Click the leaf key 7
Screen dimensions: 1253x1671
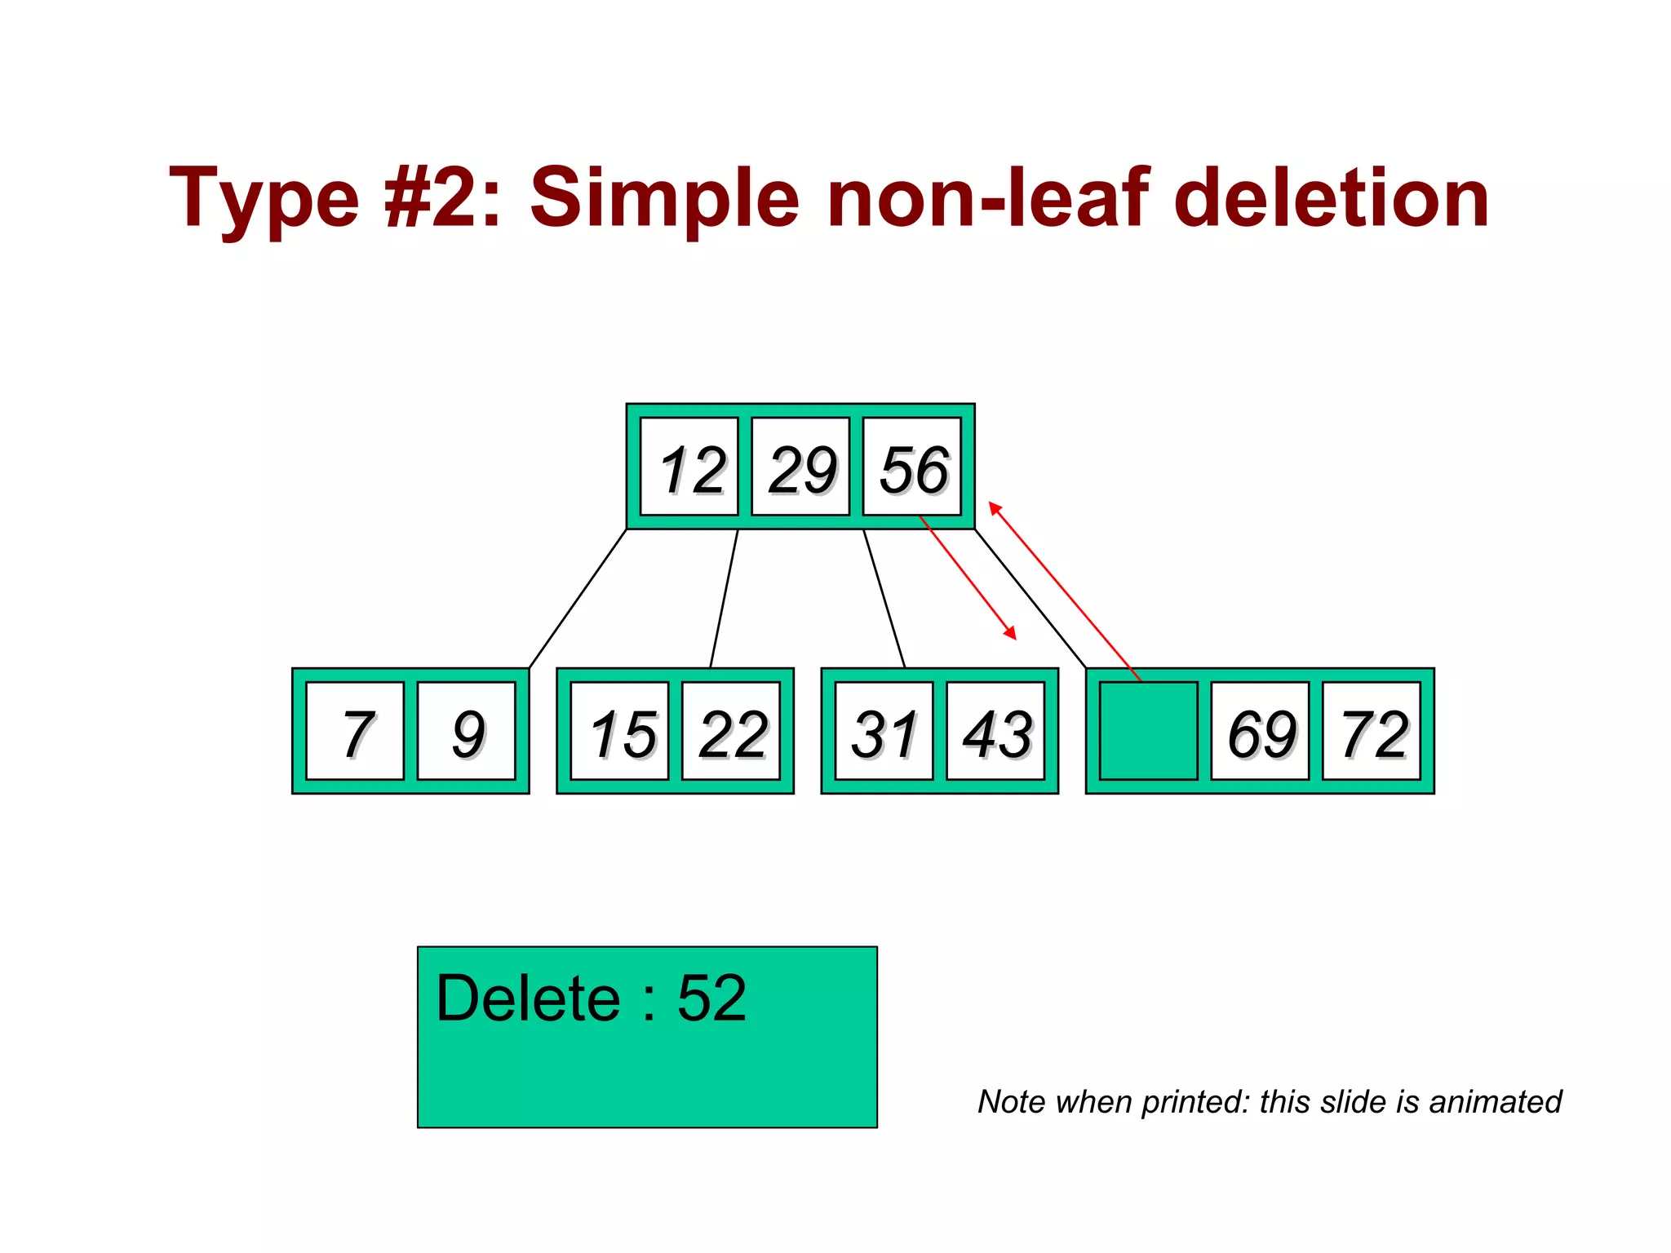point(356,732)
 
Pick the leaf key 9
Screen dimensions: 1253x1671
point(467,732)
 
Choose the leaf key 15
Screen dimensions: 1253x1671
point(620,732)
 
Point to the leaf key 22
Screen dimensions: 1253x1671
point(731,732)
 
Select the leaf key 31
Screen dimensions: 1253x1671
point(884,732)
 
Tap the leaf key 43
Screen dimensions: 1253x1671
point(995,732)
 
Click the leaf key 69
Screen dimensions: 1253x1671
point(1261,732)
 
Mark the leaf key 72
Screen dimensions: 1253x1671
point(1372,732)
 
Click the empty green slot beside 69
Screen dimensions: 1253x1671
point(1149,732)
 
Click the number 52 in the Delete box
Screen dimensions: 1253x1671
point(711,998)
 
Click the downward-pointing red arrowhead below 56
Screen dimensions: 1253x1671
point(1011,633)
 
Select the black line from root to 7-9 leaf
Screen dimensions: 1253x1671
point(578,599)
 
